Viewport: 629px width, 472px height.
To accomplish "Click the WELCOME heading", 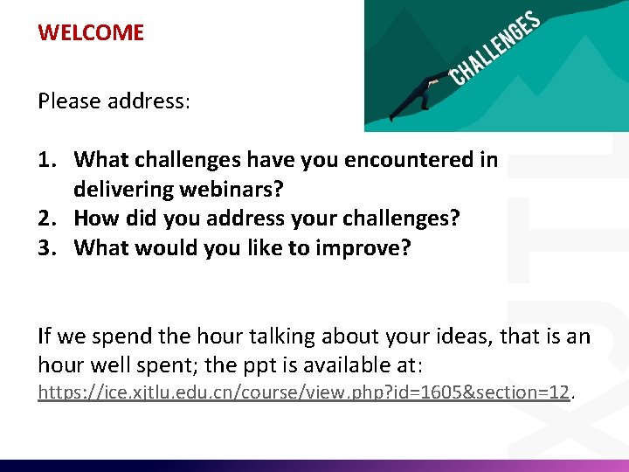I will pos(91,33).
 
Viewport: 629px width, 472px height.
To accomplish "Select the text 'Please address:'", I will pos(114,101).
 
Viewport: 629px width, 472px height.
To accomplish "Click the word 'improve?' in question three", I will pos(368,248).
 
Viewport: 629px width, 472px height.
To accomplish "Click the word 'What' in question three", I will pos(100,248).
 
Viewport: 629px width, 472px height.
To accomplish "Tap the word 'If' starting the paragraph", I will pos(44,337).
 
